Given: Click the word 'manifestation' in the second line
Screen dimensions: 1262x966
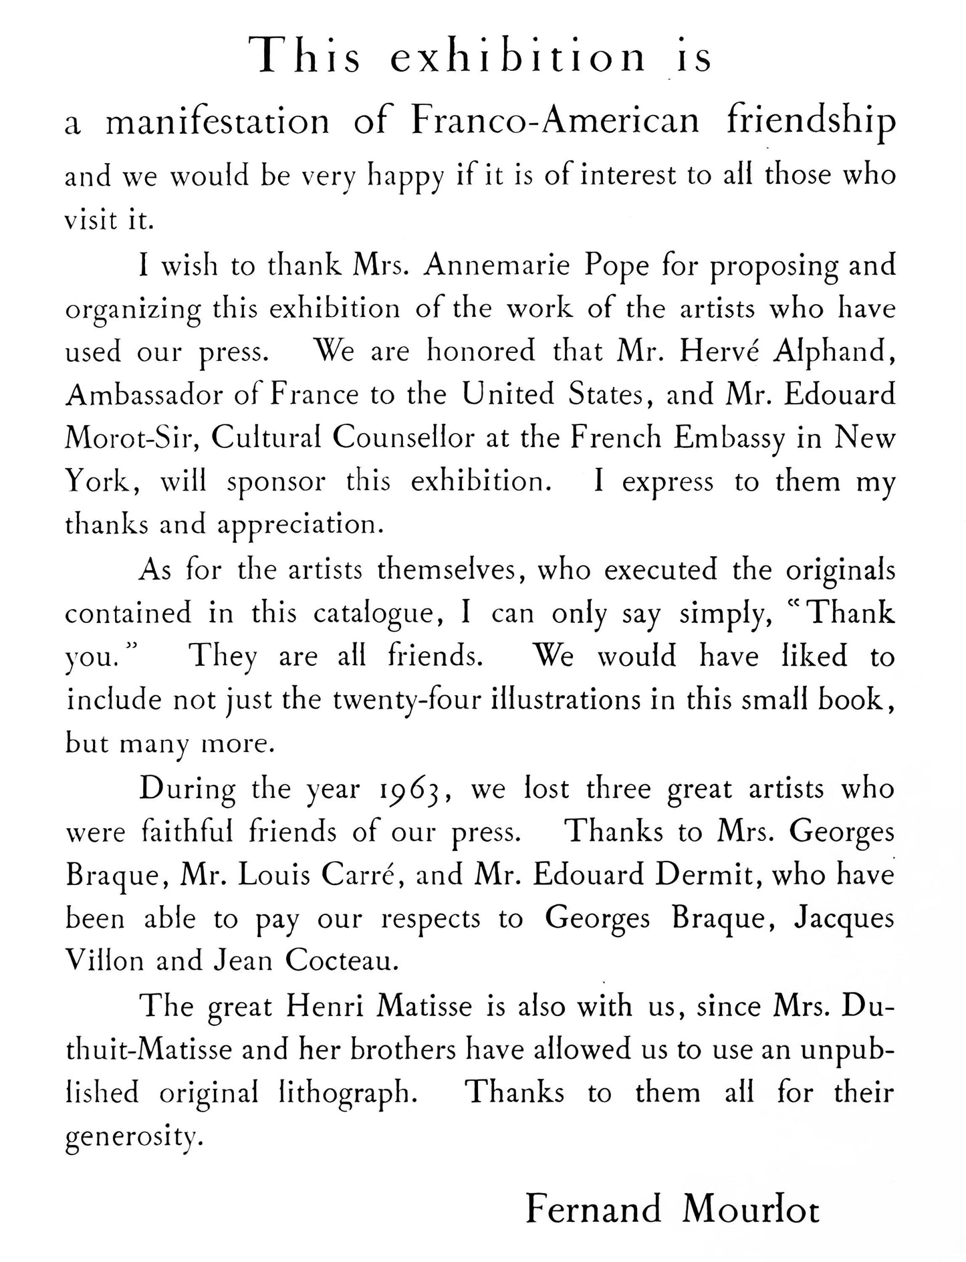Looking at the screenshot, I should point(218,122).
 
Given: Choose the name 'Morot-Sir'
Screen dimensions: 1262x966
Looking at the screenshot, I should point(134,438).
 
